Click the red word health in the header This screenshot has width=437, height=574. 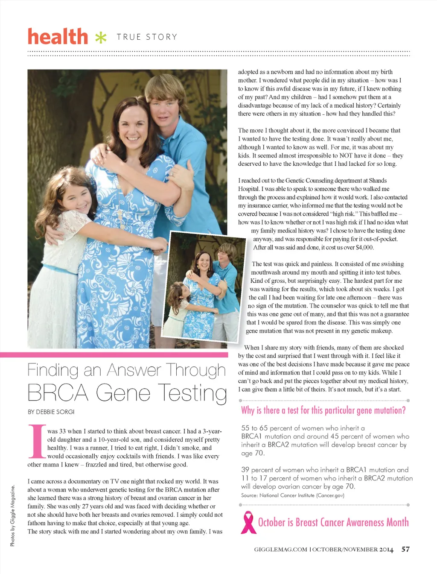pyautogui.click(x=58, y=37)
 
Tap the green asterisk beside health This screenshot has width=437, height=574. pyautogui.click(x=101, y=38)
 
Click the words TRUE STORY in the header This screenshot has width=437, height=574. pyautogui.click(x=147, y=37)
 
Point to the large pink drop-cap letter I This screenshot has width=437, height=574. pyautogui.click(x=37, y=441)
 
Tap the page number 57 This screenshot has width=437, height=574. pyautogui.click(x=405, y=549)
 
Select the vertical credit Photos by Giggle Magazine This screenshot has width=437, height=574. pyautogui.click(x=12, y=515)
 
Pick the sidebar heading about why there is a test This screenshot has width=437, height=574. pyautogui.click(x=323, y=410)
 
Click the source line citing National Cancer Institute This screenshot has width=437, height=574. pyautogui.click(x=292, y=495)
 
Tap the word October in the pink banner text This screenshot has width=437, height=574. pyautogui.click(x=271, y=522)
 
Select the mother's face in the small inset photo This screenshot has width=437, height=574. pyautogui.click(x=204, y=261)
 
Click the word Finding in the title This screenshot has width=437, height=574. pyautogui.click(x=52, y=370)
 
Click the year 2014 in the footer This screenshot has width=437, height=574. pyautogui.click(x=386, y=550)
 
